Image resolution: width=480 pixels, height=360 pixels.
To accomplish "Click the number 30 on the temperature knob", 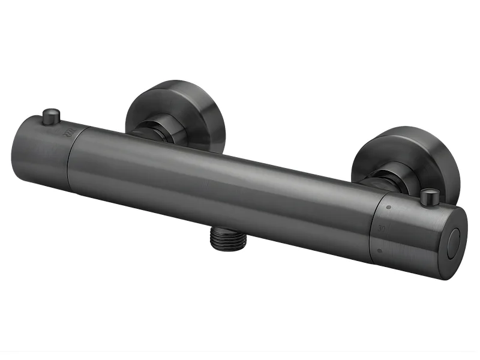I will [x=382, y=229].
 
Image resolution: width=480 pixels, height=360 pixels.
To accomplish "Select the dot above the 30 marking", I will [x=389, y=208].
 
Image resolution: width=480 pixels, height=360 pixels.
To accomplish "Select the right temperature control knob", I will [x=414, y=231].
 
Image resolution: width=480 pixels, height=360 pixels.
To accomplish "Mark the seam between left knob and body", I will [x=71, y=150].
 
